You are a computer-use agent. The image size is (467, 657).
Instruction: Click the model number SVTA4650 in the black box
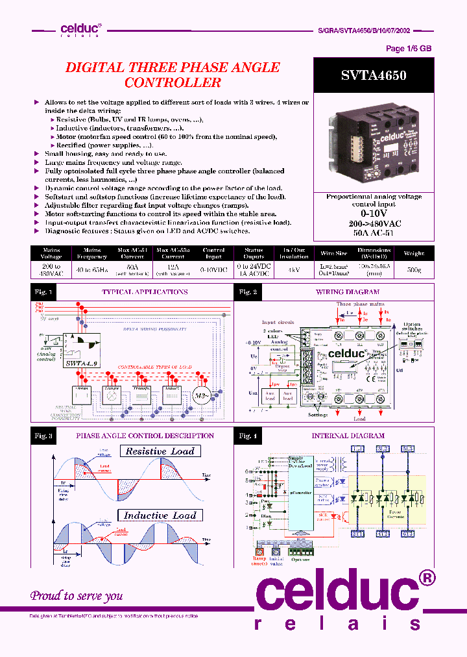[x=374, y=75]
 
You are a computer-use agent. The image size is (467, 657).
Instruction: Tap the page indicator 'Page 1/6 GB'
[x=409, y=49]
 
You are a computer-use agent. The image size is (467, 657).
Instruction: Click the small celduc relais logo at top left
[x=80, y=29]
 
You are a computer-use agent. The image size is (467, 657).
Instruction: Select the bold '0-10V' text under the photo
[x=374, y=213]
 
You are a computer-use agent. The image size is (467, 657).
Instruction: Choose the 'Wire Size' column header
[x=333, y=253]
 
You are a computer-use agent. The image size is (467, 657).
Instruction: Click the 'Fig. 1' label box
[x=43, y=292]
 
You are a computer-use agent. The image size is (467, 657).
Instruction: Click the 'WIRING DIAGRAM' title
[x=348, y=292]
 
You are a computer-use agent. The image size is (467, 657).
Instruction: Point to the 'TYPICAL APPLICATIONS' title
[x=145, y=292]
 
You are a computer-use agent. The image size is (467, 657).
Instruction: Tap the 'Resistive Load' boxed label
[x=160, y=451]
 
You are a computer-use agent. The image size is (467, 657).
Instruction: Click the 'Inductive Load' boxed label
[x=160, y=515]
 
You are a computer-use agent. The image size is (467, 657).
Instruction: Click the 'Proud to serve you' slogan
[x=77, y=595]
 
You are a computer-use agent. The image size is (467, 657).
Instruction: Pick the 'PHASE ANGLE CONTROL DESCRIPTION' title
[x=145, y=436]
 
